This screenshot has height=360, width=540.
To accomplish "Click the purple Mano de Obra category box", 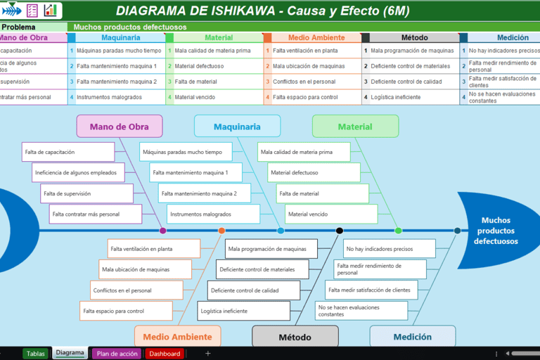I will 120,127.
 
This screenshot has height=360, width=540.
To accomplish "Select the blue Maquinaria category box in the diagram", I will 237,127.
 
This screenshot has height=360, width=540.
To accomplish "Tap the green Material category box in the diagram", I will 355,127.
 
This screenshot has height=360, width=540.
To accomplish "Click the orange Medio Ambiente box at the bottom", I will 177,337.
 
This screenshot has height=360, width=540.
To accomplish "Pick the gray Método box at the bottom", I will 295,337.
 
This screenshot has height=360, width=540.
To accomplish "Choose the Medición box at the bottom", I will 413,337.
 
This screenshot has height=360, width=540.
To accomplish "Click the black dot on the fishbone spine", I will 340,231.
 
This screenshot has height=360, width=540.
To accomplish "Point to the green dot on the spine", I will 398,231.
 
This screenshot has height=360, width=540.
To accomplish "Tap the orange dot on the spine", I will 221,231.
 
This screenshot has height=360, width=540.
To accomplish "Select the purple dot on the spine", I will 163,231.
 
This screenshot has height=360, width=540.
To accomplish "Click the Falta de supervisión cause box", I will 87,193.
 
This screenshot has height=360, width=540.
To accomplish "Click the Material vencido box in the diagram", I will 331,214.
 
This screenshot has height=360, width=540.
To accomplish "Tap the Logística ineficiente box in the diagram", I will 243,311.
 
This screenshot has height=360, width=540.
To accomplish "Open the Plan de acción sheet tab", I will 117,354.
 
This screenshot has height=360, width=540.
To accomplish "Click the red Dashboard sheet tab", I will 165,354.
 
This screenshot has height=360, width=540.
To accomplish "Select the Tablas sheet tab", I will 36,354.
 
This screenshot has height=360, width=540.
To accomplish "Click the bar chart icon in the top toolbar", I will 51,11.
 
